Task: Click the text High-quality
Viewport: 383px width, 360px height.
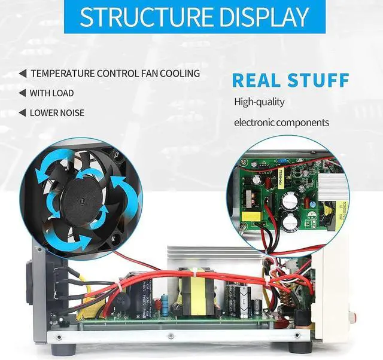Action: [259, 102]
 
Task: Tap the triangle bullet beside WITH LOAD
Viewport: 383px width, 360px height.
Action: [23, 93]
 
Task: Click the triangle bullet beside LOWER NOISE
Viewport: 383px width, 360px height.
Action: [23, 112]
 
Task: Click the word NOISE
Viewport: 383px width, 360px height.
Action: [72, 112]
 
